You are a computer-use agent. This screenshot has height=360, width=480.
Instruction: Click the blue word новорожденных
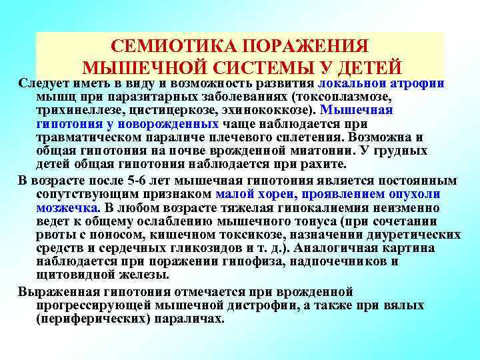(x=167, y=123)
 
